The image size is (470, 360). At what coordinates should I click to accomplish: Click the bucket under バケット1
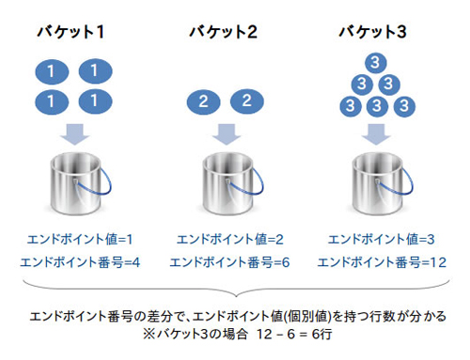72,182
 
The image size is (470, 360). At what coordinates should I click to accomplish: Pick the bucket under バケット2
226,182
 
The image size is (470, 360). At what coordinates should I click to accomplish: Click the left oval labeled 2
204,101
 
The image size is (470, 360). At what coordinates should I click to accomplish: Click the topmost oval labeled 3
374,64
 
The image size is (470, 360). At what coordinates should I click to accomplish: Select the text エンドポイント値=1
73,241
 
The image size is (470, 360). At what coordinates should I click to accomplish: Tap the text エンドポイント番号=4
73,261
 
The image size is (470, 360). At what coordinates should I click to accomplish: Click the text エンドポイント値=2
226,241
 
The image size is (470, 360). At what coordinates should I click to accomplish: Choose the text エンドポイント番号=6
226,261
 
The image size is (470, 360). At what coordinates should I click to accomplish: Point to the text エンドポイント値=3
376,241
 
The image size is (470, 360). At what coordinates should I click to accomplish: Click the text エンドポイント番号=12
376,261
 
